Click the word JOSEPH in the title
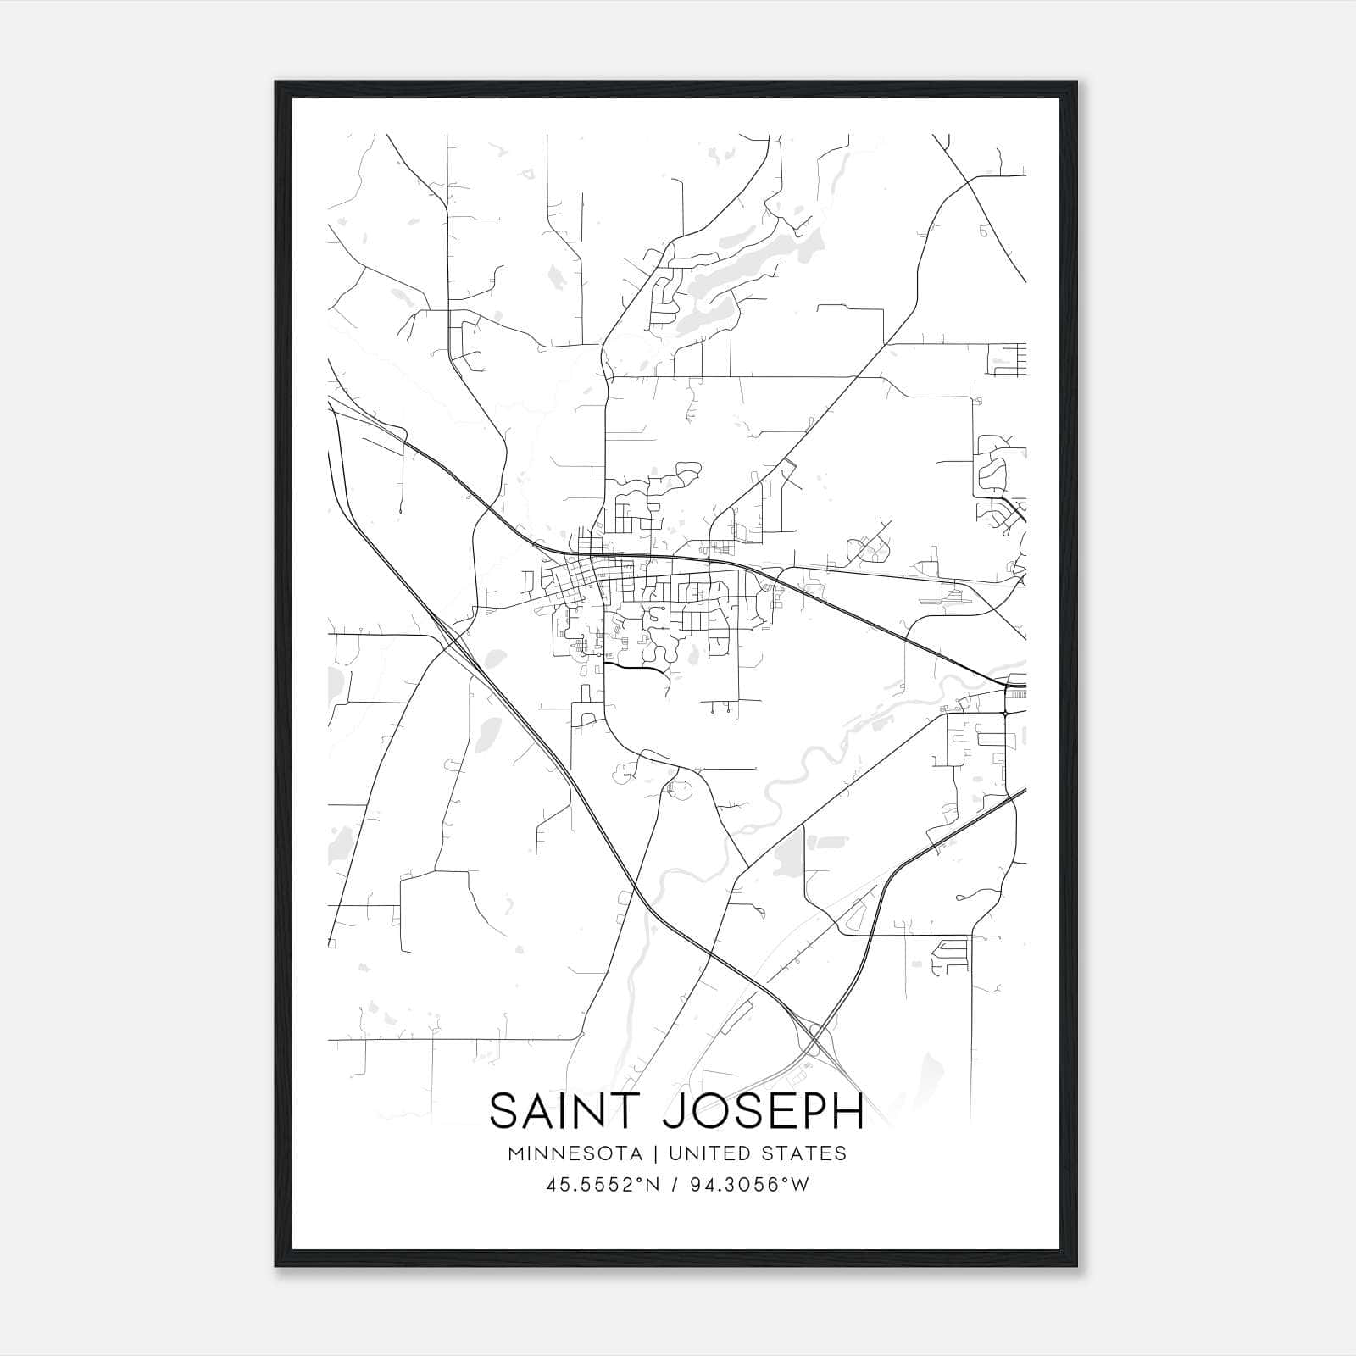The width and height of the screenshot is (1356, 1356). (762, 1110)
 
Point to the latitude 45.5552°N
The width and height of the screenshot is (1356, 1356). (602, 1185)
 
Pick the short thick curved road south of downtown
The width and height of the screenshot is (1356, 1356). (636, 668)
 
